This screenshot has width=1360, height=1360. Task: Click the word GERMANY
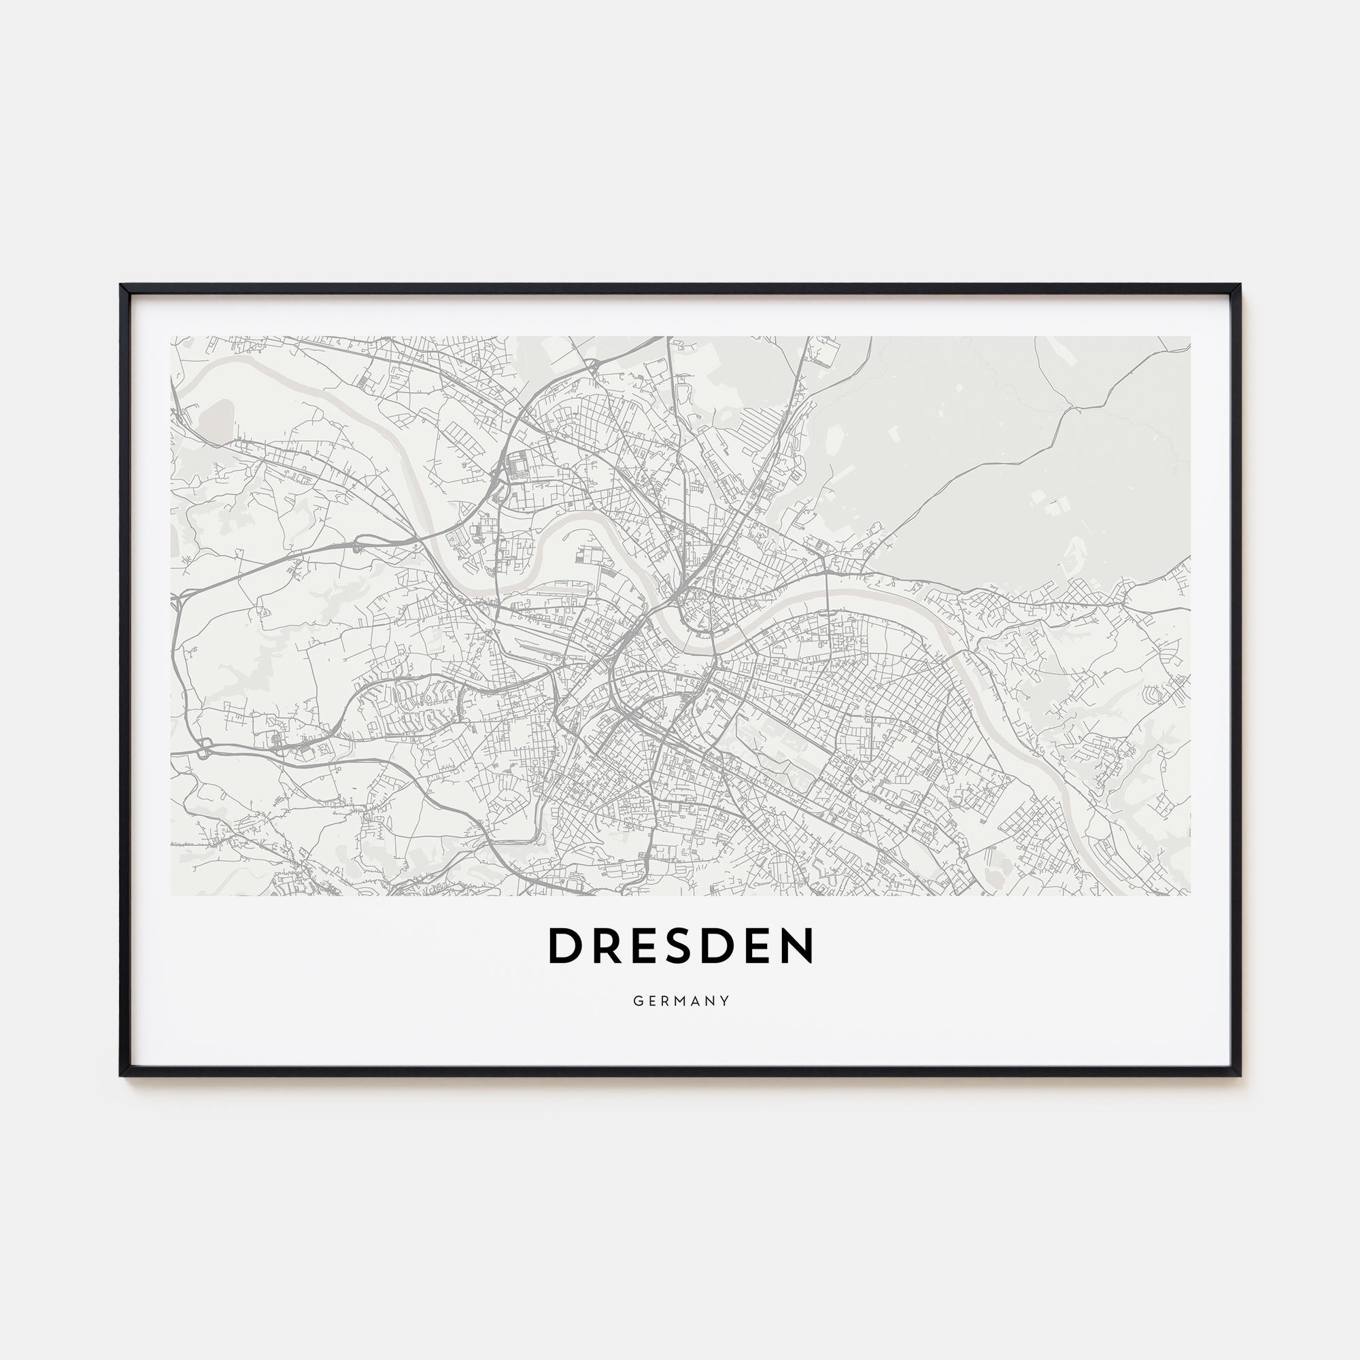click(x=681, y=1001)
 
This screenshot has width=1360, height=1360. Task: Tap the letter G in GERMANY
click(x=637, y=1001)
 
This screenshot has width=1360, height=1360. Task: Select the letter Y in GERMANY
click(x=725, y=1001)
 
